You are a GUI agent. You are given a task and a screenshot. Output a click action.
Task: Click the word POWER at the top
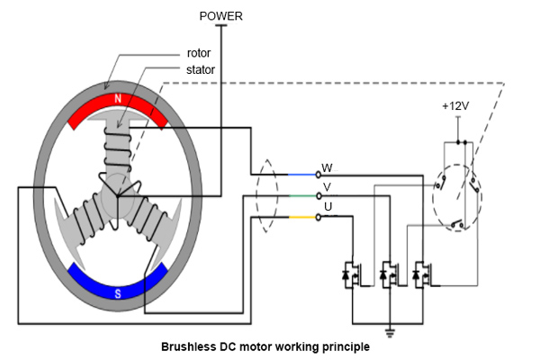pos(220,15)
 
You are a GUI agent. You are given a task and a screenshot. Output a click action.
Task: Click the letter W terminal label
pos(327,167)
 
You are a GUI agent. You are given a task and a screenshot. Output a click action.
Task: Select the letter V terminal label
pos(327,188)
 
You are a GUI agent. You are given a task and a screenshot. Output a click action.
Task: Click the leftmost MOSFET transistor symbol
pos(350,272)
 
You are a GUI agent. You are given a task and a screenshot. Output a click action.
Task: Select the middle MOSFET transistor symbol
pos(389,272)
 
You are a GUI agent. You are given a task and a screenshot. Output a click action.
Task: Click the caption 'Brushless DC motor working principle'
pos(264,346)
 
